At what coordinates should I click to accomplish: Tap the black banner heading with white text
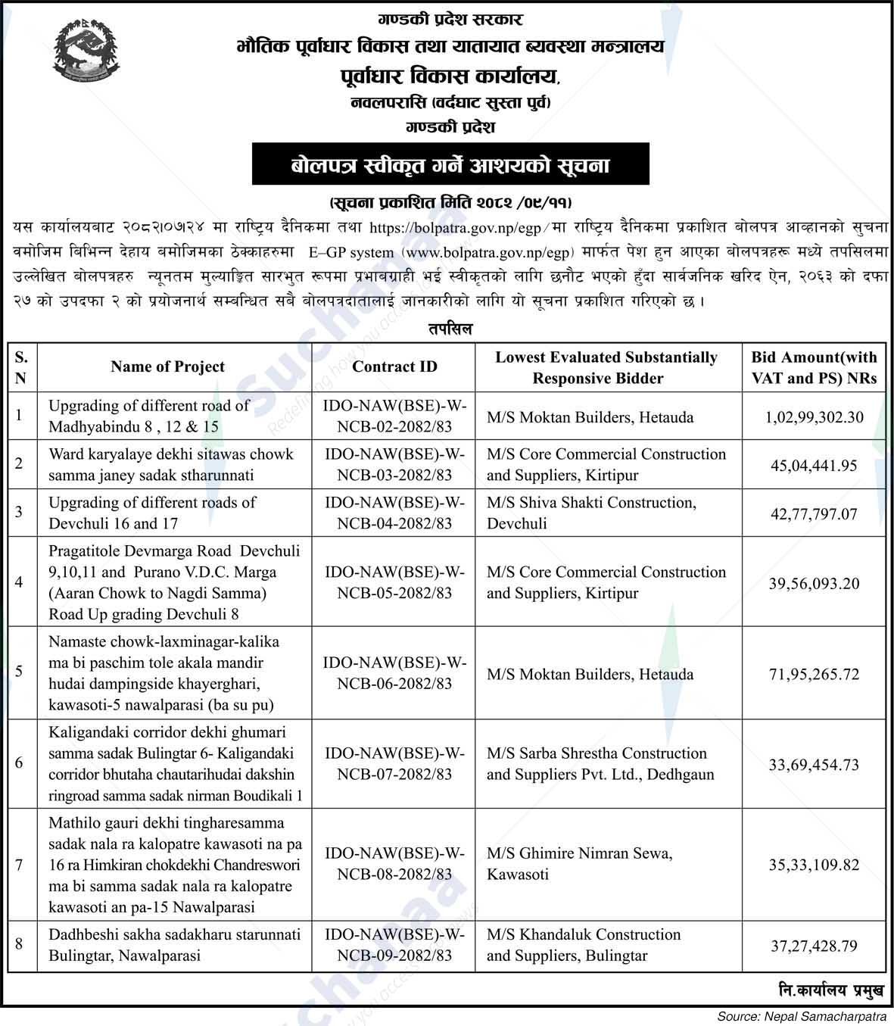pyautogui.click(x=450, y=164)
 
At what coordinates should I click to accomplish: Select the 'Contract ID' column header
pyautogui.click(x=394, y=367)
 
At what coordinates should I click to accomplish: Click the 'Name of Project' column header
pyautogui.click(x=167, y=367)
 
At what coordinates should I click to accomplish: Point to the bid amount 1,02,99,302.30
pyautogui.click(x=814, y=416)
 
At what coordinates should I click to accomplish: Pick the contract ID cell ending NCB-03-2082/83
pyautogui.click(x=394, y=464)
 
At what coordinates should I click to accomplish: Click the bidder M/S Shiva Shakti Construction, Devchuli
pyautogui.click(x=591, y=513)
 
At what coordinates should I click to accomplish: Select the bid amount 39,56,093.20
pyautogui.click(x=814, y=583)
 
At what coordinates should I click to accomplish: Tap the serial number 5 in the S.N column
pyautogui.click(x=19, y=671)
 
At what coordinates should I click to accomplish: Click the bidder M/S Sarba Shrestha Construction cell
pyautogui.click(x=600, y=763)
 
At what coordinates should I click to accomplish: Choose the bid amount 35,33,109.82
pyautogui.click(x=814, y=864)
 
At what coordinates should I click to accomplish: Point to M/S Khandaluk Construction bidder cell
pyautogui.click(x=584, y=945)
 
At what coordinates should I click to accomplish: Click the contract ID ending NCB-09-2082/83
pyautogui.click(x=394, y=945)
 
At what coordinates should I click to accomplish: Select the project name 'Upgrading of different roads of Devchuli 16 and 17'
pyautogui.click(x=152, y=513)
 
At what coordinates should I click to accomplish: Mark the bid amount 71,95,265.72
pyautogui.click(x=814, y=674)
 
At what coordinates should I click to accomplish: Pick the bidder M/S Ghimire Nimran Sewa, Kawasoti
pyautogui.click(x=579, y=864)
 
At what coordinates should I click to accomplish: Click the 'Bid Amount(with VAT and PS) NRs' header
pyautogui.click(x=814, y=367)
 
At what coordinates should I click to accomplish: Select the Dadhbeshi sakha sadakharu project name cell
pyautogui.click(x=174, y=945)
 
